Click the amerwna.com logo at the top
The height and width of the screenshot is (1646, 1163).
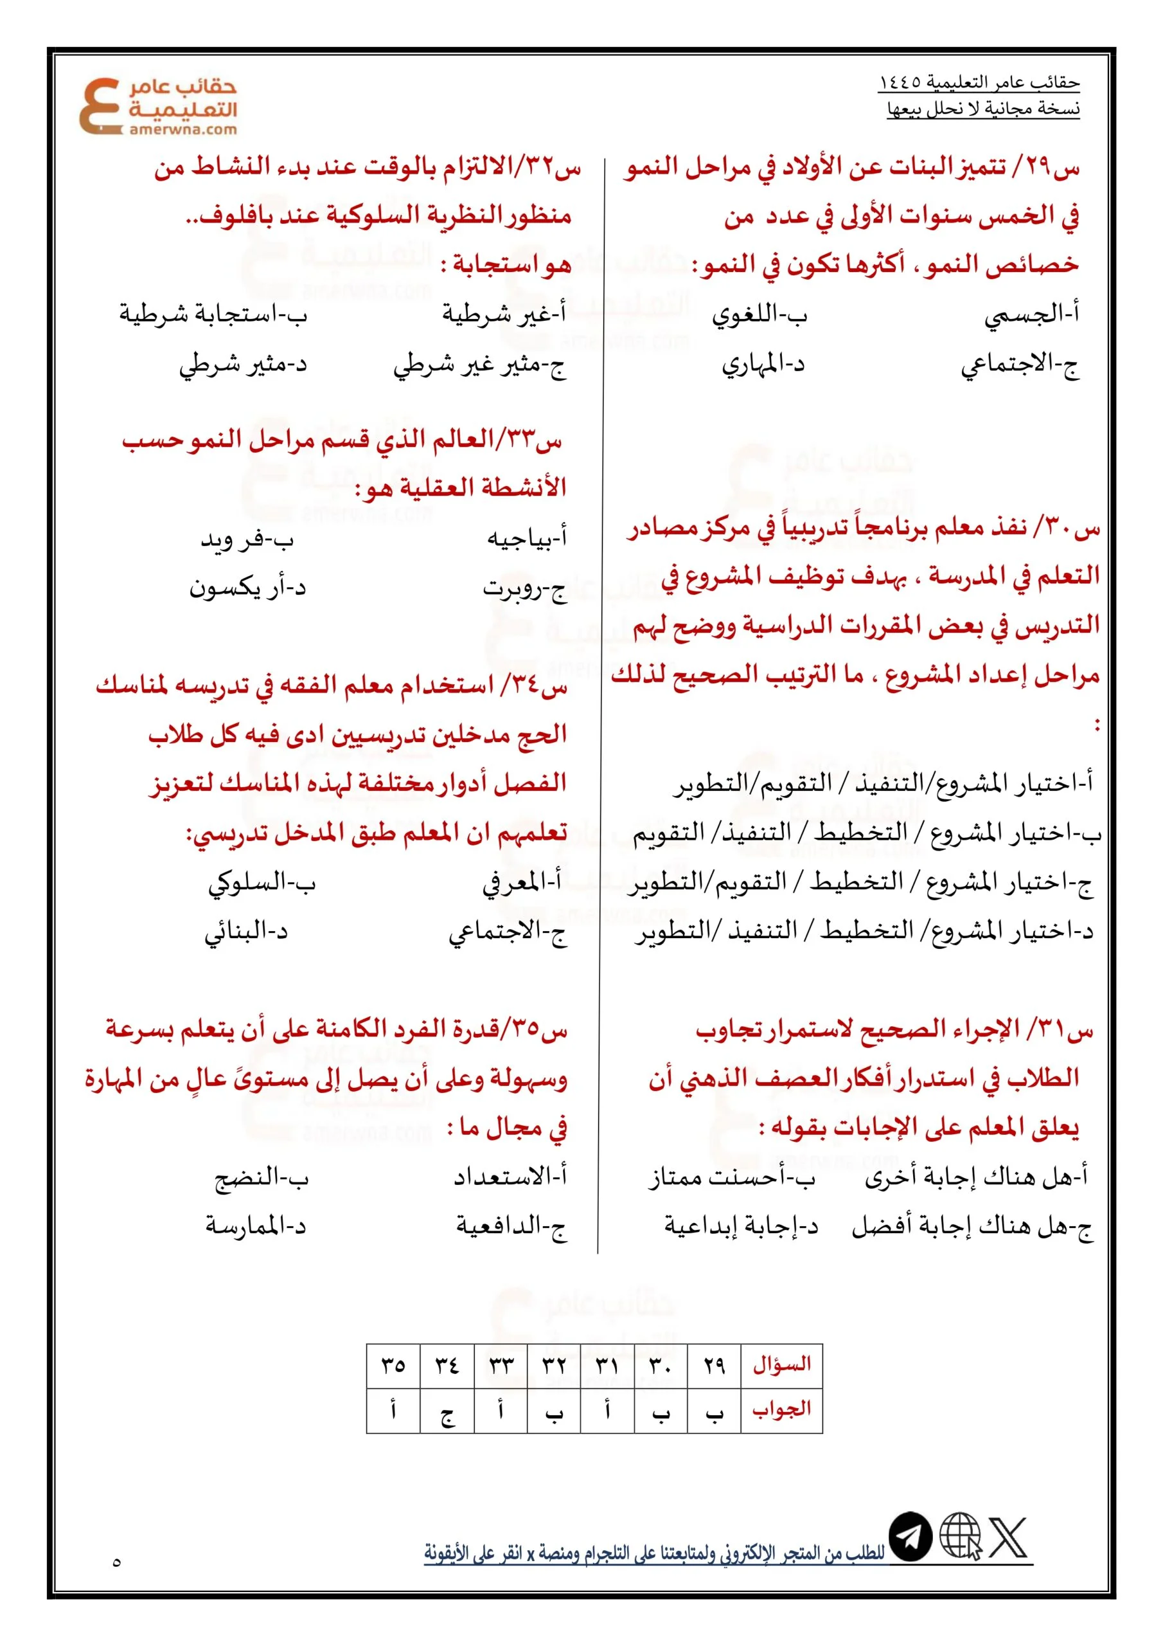(157, 105)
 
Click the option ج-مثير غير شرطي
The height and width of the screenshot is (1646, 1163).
(479, 366)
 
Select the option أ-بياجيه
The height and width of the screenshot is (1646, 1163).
(527, 538)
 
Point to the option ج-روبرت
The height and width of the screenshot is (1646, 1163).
(524, 588)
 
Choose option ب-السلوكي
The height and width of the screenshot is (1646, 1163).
(262, 883)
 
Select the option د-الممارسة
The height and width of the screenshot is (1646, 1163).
(256, 1226)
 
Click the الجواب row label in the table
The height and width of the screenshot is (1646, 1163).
(781, 1409)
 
